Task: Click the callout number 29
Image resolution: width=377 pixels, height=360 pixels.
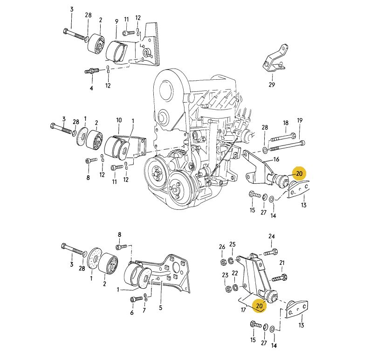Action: (272, 85)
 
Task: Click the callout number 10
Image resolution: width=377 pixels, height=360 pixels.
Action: (119, 120)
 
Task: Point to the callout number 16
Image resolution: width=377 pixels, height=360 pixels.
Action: (276, 159)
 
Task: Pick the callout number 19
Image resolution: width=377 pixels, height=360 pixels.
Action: (300, 120)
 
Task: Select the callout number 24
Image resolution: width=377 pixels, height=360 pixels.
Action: (272, 236)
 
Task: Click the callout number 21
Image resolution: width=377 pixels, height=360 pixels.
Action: (281, 263)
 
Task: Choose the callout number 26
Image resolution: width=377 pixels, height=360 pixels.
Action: (222, 247)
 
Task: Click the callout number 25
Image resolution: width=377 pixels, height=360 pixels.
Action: (233, 244)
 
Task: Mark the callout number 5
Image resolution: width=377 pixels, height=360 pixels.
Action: (161, 308)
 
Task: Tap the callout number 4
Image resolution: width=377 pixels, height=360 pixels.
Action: (91, 88)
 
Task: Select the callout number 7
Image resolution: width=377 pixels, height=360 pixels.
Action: (144, 310)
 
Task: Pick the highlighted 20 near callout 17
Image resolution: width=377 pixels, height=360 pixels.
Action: (259, 306)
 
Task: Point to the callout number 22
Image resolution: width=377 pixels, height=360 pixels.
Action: (235, 273)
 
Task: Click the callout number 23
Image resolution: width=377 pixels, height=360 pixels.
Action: (225, 275)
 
